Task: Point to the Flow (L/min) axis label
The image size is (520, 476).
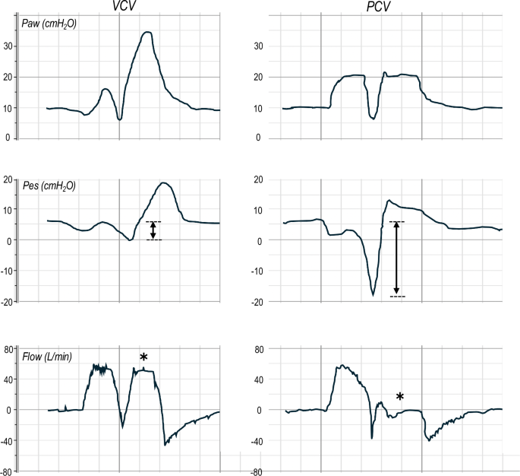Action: pos(47,356)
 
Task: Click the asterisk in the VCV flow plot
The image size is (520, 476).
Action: pos(143,357)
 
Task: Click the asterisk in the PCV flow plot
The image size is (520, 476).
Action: pos(400,396)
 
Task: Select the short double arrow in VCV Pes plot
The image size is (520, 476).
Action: pos(153,230)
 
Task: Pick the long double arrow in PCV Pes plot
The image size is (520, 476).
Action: pos(396,259)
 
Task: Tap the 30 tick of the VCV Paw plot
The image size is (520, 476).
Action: pos(10,46)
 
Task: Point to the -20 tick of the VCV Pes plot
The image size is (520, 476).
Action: pos(8,302)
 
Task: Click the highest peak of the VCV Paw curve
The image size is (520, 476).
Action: pos(147,32)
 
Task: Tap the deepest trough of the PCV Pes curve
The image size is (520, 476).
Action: pos(373,294)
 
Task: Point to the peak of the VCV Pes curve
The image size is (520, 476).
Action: pos(164,182)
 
